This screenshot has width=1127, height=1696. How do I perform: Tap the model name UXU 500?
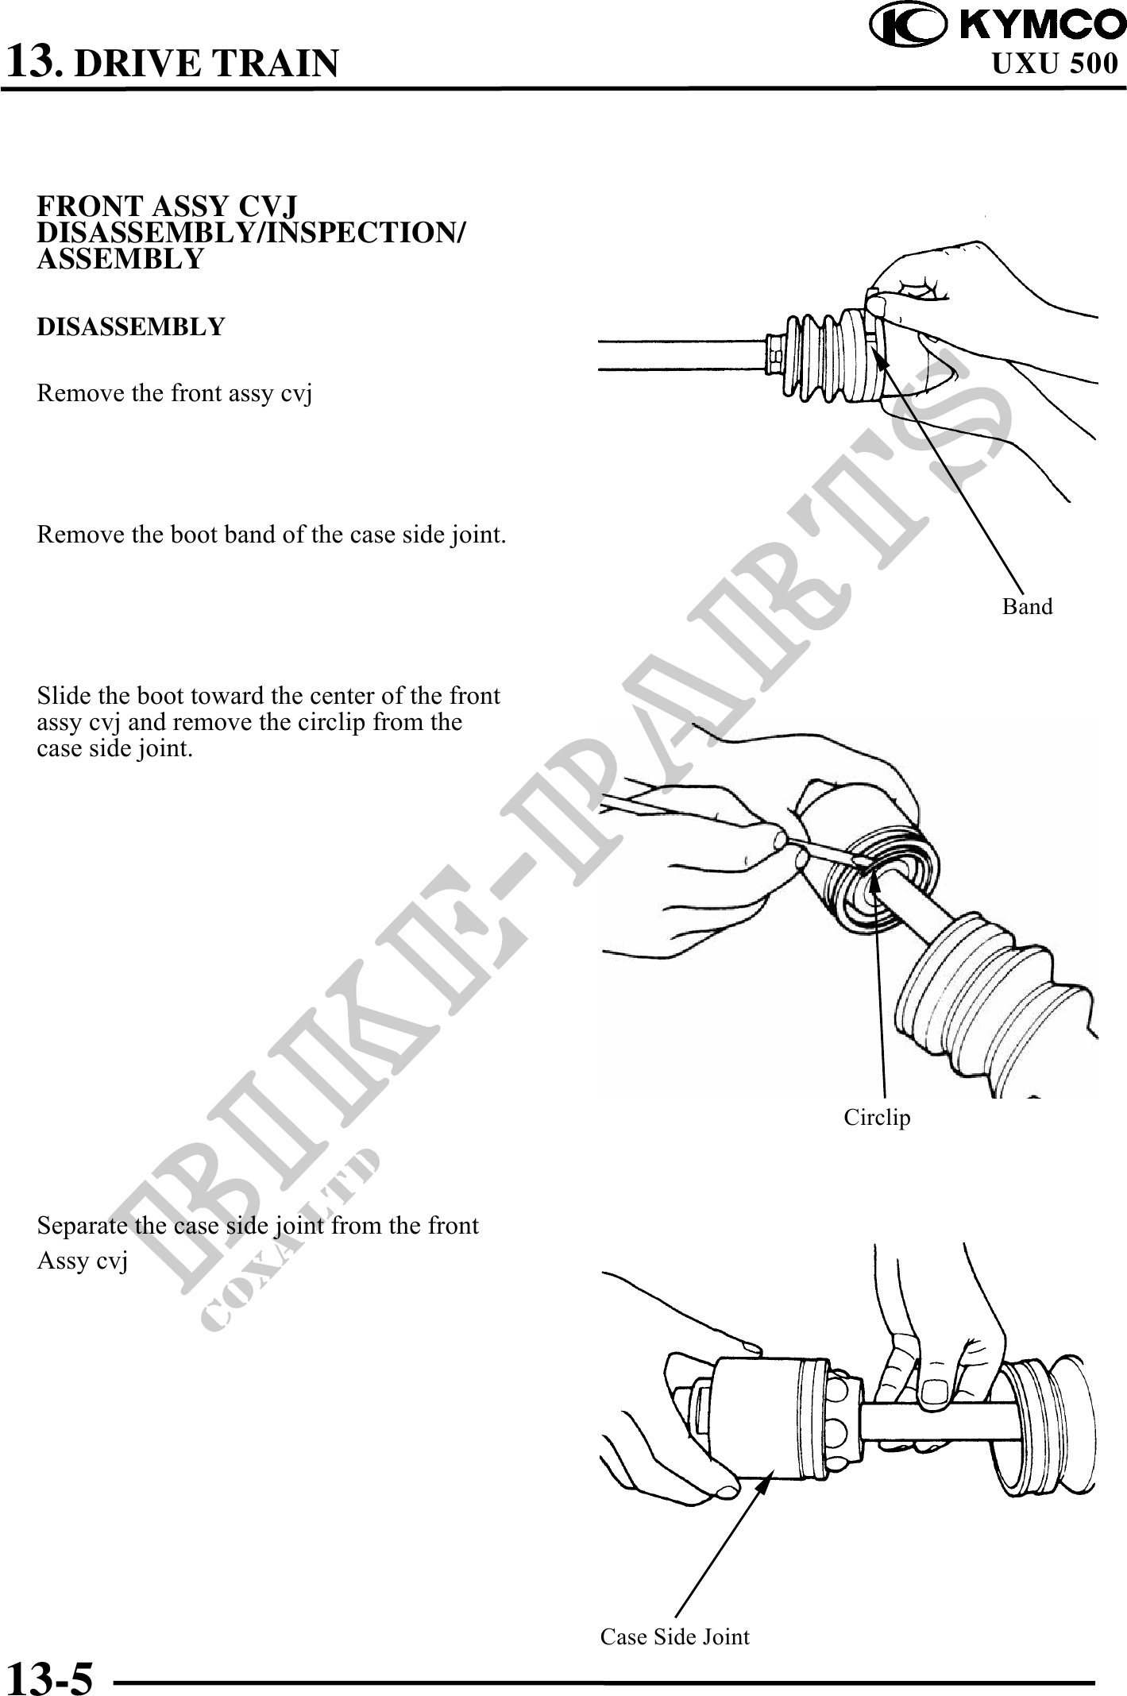1056,63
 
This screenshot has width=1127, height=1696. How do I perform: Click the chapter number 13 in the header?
33,60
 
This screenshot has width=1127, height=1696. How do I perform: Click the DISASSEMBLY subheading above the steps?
131,326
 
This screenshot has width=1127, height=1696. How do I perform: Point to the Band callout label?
1027,607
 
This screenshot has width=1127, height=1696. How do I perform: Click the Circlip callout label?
877,1118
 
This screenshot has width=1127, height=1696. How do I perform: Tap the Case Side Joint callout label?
674,1637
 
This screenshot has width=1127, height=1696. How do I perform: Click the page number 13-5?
49,1677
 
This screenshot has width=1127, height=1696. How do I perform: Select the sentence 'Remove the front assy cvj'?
174,394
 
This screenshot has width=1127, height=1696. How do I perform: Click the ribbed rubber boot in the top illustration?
827,357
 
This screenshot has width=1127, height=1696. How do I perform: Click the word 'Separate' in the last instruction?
82,1227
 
